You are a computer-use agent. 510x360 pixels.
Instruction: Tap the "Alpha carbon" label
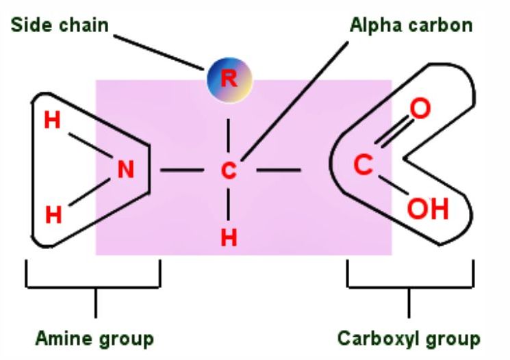pyautogui.click(x=411, y=25)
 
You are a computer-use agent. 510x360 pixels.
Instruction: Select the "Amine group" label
pyautogui.click(x=94, y=338)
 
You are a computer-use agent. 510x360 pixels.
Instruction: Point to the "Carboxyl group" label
pyautogui.click(x=409, y=338)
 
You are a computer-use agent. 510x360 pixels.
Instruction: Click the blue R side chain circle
pyautogui.click(x=229, y=79)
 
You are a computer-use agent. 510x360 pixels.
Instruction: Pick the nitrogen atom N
pyautogui.click(x=125, y=169)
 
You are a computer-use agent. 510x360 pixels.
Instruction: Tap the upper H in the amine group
pyautogui.click(x=53, y=120)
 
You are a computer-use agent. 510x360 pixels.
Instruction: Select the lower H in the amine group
pyautogui.click(x=53, y=214)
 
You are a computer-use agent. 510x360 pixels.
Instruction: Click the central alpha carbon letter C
pyautogui.click(x=229, y=170)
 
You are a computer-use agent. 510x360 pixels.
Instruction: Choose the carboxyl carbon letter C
pyautogui.click(x=363, y=165)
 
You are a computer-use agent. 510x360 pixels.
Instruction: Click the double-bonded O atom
pyautogui.click(x=420, y=109)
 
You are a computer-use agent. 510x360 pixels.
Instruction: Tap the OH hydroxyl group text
pyautogui.click(x=428, y=208)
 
